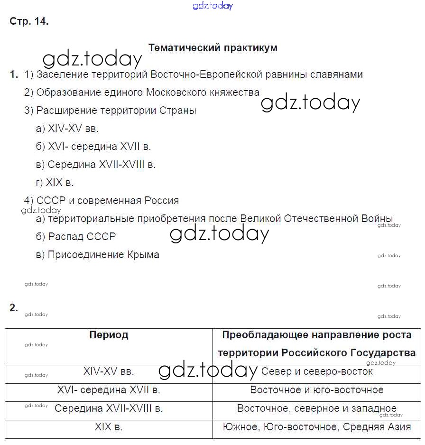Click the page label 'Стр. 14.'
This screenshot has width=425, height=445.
point(29,21)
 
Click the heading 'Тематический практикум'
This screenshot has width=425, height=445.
point(212,48)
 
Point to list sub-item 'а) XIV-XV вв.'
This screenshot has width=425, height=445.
point(67,129)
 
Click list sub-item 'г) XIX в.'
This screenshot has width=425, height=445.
point(55,183)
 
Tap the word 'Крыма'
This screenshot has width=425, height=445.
point(143,255)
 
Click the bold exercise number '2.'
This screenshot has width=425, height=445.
point(14,307)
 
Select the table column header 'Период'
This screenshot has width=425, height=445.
point(109,335)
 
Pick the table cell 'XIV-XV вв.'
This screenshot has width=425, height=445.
point(109,371)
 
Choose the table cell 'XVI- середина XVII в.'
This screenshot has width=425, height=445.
point(109,390)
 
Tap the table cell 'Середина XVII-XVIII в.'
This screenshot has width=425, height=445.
point(109,408)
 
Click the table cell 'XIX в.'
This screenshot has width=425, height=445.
point(109,427)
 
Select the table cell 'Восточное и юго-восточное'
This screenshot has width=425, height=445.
point(316,390)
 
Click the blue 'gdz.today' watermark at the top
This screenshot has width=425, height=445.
point(213,6)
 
